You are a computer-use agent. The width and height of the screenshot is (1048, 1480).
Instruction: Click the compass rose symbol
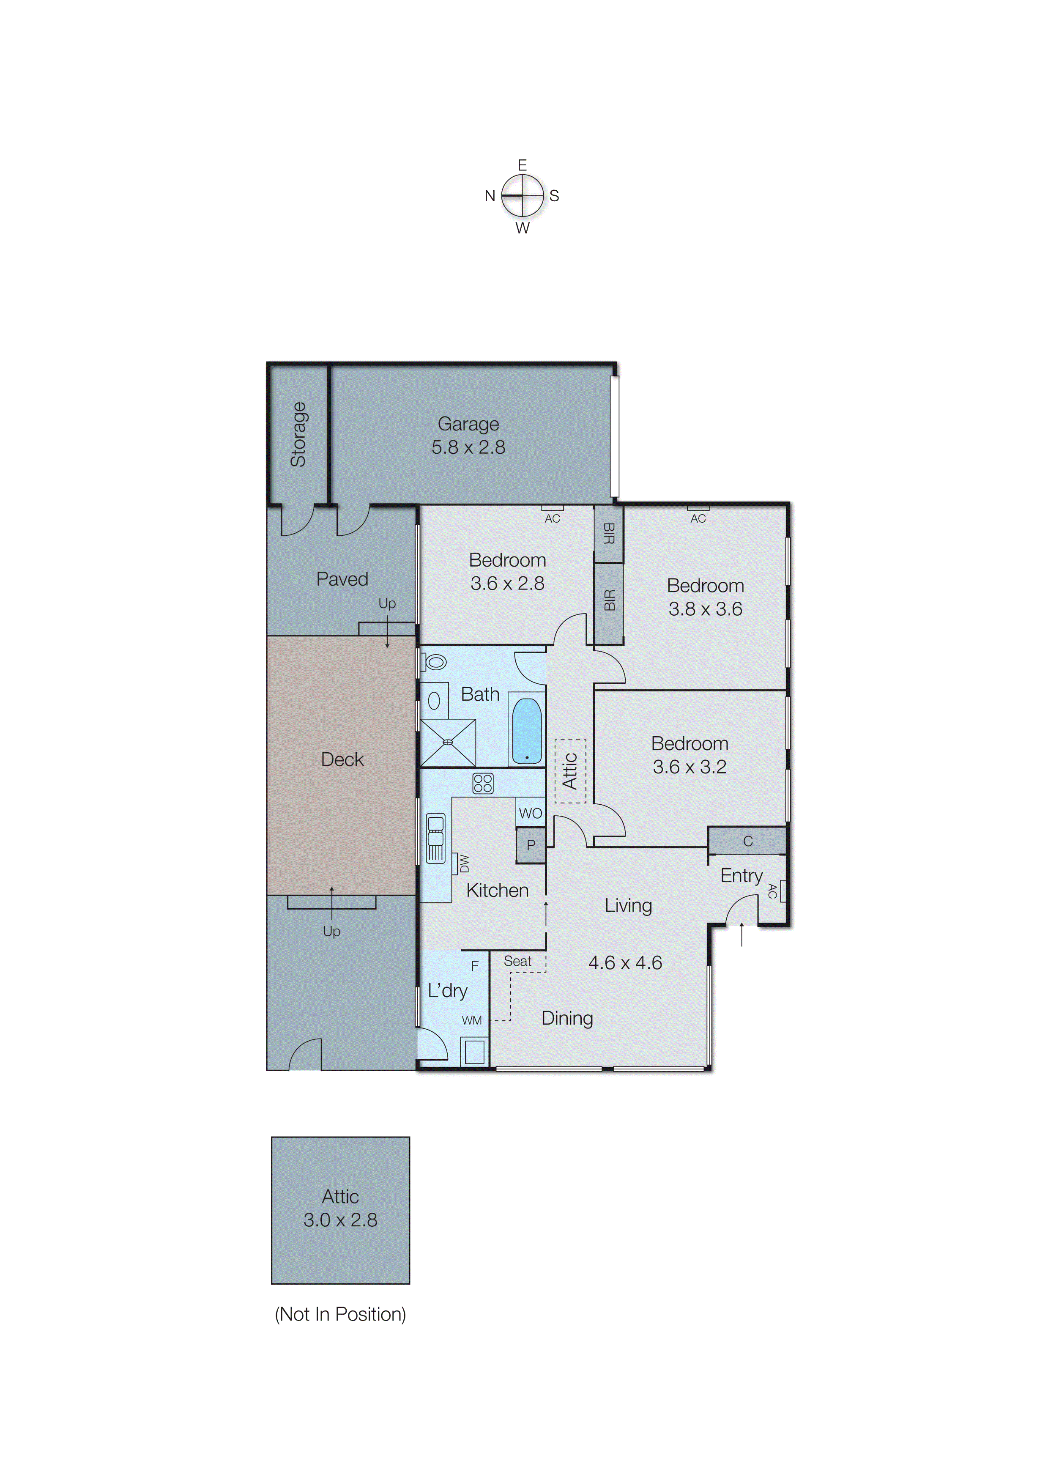(522, 195)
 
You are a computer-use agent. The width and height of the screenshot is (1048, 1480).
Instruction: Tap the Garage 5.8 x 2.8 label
(468, 436)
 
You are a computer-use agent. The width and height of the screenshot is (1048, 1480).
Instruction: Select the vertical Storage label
(298, 434)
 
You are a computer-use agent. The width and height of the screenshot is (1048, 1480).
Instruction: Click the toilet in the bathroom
(435, 662)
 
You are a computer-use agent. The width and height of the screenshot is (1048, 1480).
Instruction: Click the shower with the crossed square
(448, 743)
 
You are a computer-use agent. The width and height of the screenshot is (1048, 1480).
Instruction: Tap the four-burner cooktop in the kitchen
(483, 784)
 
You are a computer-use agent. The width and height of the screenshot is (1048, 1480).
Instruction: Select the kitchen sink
(435, 838)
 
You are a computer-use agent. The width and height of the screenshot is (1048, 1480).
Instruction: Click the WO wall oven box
(531, 813)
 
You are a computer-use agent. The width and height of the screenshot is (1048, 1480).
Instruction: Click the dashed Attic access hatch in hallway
(570, 771)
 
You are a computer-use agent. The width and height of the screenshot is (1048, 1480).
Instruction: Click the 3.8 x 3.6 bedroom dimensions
(705, 608)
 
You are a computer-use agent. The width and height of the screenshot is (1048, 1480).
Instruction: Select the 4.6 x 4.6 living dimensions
(625, 963)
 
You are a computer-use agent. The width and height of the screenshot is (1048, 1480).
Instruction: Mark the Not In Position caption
(340, 1314)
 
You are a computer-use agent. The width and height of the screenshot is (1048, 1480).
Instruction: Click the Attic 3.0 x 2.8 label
(340, 1208)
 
